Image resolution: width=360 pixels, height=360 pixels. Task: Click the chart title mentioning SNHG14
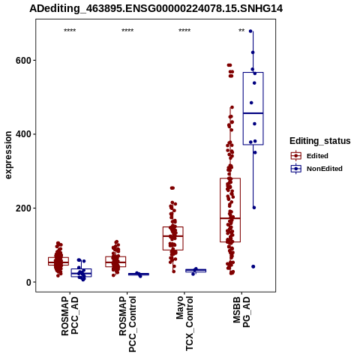156,8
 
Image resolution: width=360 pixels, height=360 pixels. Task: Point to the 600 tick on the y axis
24,61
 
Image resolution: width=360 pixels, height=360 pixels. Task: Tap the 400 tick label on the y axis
24,134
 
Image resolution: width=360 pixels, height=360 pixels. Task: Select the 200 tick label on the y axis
24,208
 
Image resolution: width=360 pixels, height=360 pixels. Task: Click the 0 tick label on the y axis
29,282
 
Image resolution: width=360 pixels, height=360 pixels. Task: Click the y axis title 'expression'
8,155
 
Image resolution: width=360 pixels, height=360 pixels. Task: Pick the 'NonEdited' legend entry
316,169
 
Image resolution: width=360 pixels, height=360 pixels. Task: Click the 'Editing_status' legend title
320,141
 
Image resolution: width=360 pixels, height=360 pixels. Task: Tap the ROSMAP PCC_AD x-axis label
70,316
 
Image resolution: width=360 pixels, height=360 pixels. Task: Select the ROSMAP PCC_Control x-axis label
127,324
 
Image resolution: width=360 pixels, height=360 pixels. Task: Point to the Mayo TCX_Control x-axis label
184,323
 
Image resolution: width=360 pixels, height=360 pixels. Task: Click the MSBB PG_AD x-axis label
241,312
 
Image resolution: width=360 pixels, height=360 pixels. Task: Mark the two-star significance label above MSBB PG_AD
241,31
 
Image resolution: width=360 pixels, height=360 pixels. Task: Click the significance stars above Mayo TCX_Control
184,31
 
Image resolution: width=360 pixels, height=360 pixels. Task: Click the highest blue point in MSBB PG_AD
250,31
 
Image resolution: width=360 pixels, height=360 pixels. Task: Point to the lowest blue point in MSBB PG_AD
253,267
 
